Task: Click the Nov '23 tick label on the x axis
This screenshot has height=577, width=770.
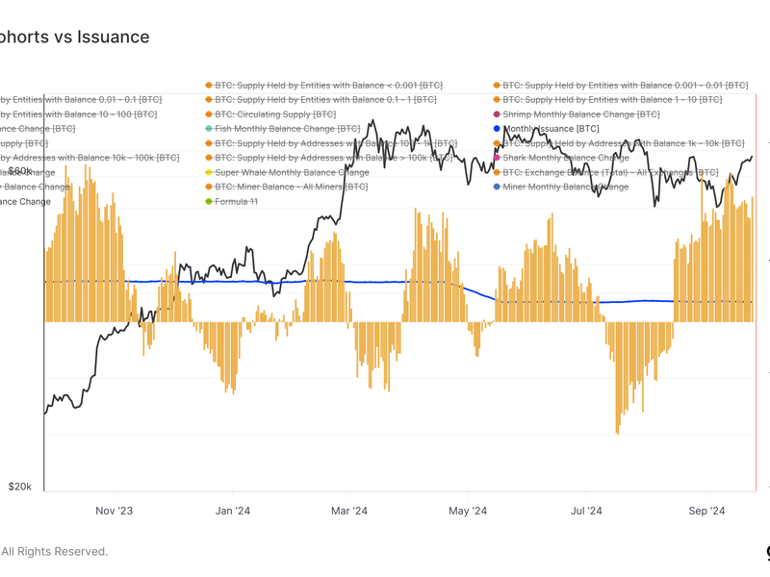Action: pyautogui.click(x=114, y=511)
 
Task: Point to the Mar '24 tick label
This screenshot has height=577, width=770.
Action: pyautogui.click(x=349, y=511)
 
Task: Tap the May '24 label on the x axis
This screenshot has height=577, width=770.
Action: pyautogui.click(x=468, y=511)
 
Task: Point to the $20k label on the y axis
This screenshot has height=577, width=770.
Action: pyautogui.click(x=20, y=487)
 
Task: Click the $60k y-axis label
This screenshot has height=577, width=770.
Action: pyautogui.click(x=20, y=170)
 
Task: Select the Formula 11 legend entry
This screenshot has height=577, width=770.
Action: pyautogui.click(x=236, y=201)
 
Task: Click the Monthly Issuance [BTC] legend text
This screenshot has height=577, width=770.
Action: pyautogui.click(x=551, y=128)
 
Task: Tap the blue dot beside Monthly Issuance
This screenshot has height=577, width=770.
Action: pyautogui.click(x=497, y=128)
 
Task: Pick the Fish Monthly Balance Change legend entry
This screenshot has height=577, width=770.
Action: pyautogui.click(x=287, y=128)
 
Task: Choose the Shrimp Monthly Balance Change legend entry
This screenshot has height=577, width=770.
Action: pyautogui.click(x=580, y=113)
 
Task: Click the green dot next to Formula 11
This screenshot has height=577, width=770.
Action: pyautogui.click(x=208, y=201)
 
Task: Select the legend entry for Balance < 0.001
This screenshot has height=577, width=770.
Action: pyautogui.click(x=327, y=85)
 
